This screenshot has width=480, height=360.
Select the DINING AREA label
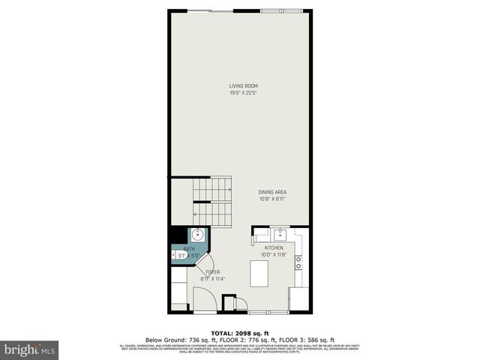252,192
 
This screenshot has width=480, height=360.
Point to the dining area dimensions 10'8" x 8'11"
252,199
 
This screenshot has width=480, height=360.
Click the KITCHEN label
274,247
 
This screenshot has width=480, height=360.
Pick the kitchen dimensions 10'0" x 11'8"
274,254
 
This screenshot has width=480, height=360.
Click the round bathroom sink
196,234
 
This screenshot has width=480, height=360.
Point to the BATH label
189,249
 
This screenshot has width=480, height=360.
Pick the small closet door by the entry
241,304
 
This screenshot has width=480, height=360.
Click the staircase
211,200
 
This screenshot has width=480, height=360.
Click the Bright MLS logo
30,349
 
